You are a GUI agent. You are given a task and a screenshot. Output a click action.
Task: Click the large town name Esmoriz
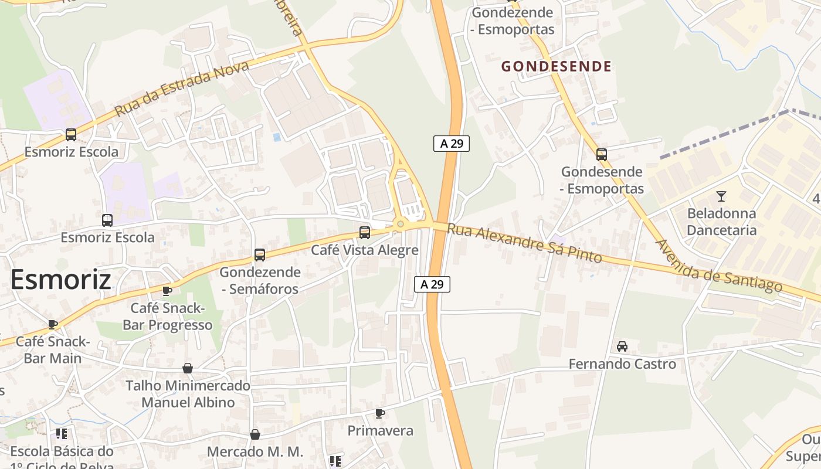coord(60,279)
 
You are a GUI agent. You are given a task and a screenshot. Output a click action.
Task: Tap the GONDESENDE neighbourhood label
coord(556,66)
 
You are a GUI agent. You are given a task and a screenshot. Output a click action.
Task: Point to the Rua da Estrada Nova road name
coord(181,89)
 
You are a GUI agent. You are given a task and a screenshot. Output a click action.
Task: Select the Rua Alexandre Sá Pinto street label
coord(524,242)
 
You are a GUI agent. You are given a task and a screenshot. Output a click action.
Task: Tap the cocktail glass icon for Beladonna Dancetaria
coord(721,196)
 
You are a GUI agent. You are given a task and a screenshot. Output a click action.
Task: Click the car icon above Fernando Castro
coord(622,346)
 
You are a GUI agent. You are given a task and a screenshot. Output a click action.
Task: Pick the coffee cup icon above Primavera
coord(380,413)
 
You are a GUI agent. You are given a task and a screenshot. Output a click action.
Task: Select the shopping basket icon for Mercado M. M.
coord(255,434)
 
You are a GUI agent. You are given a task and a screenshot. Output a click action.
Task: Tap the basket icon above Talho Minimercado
coord(188,368)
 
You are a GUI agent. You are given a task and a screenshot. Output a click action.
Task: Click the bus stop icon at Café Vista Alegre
coord(365,233)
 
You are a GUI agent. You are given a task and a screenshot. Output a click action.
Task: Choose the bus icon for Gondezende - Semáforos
coord(259,255)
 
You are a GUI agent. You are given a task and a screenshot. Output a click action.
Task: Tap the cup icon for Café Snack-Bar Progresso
coord(167,291)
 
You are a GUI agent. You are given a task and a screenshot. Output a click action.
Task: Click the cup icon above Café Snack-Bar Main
coord(53,324)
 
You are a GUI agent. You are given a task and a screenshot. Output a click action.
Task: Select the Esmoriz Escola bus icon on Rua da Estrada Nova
coord(71,135)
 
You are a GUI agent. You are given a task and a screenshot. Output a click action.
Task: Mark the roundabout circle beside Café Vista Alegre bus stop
coord(401,223)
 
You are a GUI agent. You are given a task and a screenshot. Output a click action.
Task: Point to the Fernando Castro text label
coord(622,364)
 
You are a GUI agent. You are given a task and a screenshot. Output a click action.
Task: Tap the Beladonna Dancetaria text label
coord(721,222)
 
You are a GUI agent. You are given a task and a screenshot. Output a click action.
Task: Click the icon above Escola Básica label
coord(62,434)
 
